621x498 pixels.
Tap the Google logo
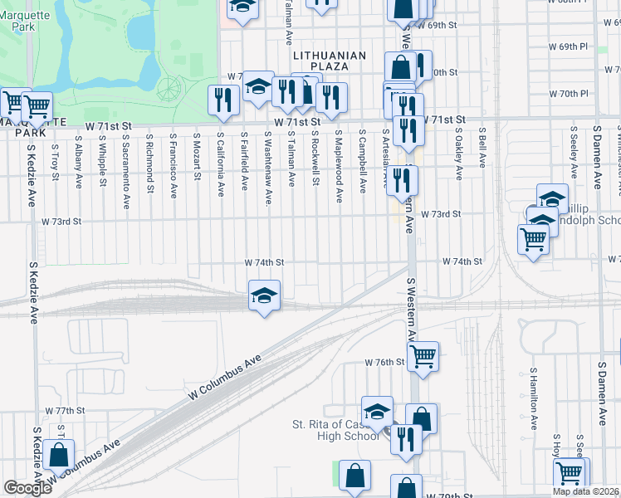click(x=27, y=488)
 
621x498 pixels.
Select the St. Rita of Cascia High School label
click(x=336, y=430)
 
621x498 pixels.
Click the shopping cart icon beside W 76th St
click(x=424, y=356)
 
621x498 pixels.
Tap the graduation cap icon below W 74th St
click(x=264, y=295)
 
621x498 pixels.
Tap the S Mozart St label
click(x=197, y=155)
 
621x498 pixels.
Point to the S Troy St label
click(x=54, y=154)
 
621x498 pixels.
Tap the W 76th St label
click(x=384, y=363)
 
